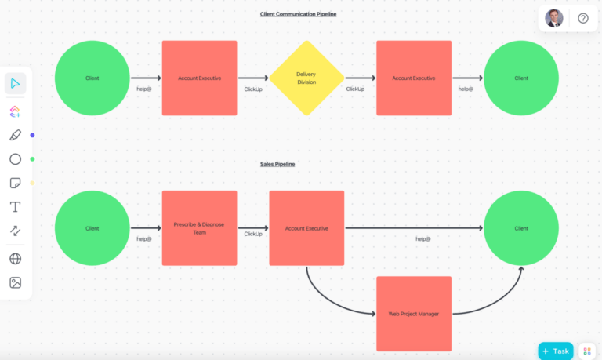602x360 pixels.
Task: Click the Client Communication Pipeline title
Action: (298, 14)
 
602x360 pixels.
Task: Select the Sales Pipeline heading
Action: (277, 164)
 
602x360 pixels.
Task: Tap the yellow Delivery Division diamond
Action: (306, 78)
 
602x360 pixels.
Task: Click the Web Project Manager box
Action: (414, 314)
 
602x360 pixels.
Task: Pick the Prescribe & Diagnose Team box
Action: (199, 228)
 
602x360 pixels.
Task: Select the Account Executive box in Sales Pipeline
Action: (306, 228)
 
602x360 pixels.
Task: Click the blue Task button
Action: (556, 351)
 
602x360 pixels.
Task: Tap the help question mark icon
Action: (583, 18)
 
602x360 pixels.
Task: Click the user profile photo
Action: (554, 18)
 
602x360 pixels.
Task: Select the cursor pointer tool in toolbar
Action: (15, 83)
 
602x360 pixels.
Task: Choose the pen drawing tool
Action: (15, 135)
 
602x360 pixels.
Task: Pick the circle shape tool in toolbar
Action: (15, 159)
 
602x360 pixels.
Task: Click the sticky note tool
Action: (15, 183)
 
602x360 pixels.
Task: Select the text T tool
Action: (15, 207)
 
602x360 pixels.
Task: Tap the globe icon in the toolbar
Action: (15, 258)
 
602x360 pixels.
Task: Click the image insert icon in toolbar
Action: (15, 282)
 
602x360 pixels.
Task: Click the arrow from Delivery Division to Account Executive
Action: (360, 78)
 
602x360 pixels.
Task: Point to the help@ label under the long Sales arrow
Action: (423, 238)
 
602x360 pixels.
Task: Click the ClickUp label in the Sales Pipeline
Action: (253, 234)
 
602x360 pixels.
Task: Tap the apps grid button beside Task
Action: (587, 351)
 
